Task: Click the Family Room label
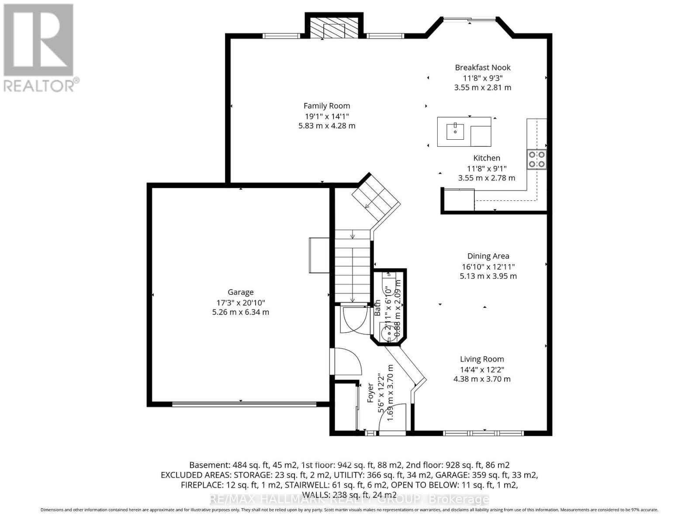tap(327, 106)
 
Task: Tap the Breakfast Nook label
tap(482, 67)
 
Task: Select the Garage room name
tap(240, 292)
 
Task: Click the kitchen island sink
tap(455, 131)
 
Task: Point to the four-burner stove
tap(536, 159)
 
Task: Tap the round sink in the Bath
tap(387, 334)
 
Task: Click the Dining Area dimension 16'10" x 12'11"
tap(488, 266)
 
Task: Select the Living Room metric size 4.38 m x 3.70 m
tap(482, 379)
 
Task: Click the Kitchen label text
tap(487, 158)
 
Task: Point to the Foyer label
tap(370, 393)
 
